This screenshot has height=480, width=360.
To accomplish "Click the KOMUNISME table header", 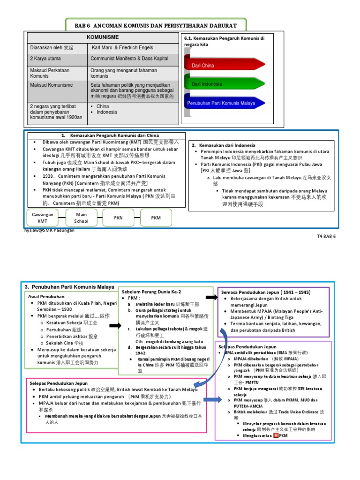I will pyautogui.click(x=103, y=37).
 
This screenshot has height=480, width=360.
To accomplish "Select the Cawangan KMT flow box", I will pyautogui.click(x=43, y=217).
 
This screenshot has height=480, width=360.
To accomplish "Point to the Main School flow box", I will pyautogui.click(x=81, y=217).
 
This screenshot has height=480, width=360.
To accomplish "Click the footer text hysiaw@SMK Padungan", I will pyautogui.click(x=49, y=230).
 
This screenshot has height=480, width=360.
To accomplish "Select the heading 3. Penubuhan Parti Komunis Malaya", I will pyautogui.click(x=69, y=287).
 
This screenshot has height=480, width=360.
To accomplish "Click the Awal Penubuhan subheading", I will pyautogui.click(x=45, y=296).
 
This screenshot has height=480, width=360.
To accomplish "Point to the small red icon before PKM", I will pyautogui.click(x=276, y=435).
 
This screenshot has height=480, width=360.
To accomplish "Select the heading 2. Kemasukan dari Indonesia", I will pyautogui.click(x=224, y=145).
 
